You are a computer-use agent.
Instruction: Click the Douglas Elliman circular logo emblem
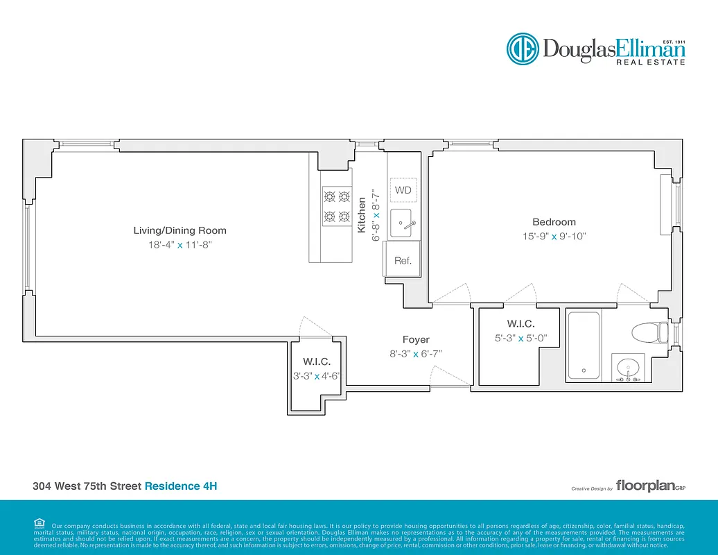click(x=522, y=49)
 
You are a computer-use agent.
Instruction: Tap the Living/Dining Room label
click(x=179, y=230)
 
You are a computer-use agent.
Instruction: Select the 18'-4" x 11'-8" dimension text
click(x=179, y=245)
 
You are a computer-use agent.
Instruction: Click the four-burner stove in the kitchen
click(x=336, y=207)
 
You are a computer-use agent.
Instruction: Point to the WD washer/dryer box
click(x=403, y=190)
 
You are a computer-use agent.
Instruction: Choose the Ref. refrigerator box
click(x=403, y=261)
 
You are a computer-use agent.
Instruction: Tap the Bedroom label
click(x=554, y=222)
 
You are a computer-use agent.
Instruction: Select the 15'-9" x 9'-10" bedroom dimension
click(x=554, y=236)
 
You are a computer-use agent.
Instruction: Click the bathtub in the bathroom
click(x=584, y=345)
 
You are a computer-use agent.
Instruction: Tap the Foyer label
click(x=416, y=339)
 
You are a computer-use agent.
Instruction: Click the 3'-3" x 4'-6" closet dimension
click(x=316, y=376)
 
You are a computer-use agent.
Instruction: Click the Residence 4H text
click(x=180, y=486)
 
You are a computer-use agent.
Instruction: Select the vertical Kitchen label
click(x=361, y=215)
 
